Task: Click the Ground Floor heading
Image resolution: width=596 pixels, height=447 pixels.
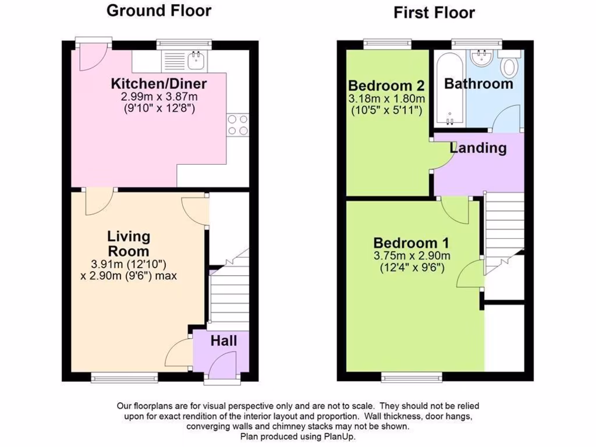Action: [x=159, y=10]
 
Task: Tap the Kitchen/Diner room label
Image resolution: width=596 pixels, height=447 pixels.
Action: [x=159, y=83]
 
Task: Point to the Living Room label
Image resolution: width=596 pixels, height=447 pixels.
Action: [x=129, y=244]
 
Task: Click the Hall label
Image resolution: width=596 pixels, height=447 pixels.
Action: [x=223, y=340]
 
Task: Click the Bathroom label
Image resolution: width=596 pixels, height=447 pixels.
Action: [x=478, y=84]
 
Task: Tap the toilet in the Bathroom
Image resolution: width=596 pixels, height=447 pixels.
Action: [x=510, y=65]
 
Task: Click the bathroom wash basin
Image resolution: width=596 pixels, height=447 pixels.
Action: [x=483, y=58]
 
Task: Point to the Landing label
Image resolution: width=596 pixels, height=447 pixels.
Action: [x=478, y=148]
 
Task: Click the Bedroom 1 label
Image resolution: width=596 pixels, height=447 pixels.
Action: [x=411, y=243]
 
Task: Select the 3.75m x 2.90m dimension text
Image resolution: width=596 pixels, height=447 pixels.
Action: [x=412, y=256]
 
